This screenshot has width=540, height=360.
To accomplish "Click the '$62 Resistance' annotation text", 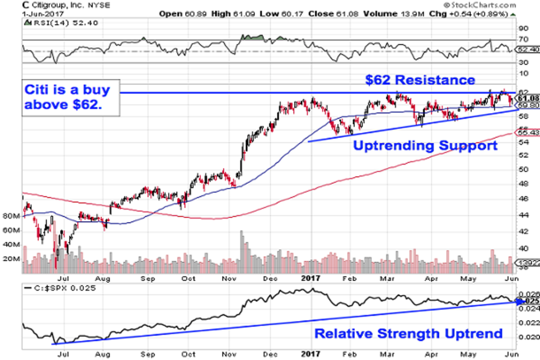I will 419,80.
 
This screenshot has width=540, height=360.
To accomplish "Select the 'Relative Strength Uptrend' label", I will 408,333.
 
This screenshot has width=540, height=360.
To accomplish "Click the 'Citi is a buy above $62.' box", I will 67,98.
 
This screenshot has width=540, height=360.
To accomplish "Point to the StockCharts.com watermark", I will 479,5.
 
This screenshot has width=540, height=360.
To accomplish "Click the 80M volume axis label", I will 11,216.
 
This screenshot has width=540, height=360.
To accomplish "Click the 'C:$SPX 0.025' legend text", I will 63,288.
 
